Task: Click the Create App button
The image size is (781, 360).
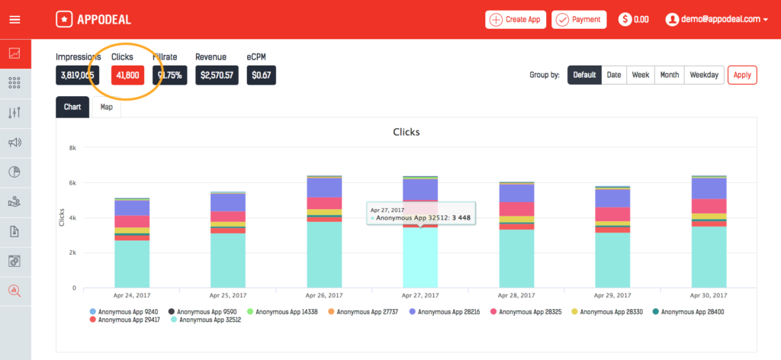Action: [516, 20]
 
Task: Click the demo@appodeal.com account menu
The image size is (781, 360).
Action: [716, 20]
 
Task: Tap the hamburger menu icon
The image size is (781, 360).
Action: [14, 20]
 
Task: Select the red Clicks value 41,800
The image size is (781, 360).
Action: [127, 75]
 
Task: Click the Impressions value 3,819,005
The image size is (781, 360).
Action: [77, 75]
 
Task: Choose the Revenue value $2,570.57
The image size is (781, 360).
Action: [217, 75]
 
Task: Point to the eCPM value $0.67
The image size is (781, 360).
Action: [261, 75]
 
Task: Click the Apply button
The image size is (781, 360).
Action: [741, 75]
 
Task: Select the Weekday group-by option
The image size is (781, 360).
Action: [703, 75]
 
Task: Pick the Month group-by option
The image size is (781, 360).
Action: [669, 75]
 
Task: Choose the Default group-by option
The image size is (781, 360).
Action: [584, 75]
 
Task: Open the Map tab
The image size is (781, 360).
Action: [106, 108]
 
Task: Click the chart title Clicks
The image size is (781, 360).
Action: [406, 132]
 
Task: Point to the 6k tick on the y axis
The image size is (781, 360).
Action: [73, 182]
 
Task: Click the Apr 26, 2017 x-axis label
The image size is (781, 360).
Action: [324, 294]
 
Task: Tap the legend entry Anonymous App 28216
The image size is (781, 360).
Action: [451, 311]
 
